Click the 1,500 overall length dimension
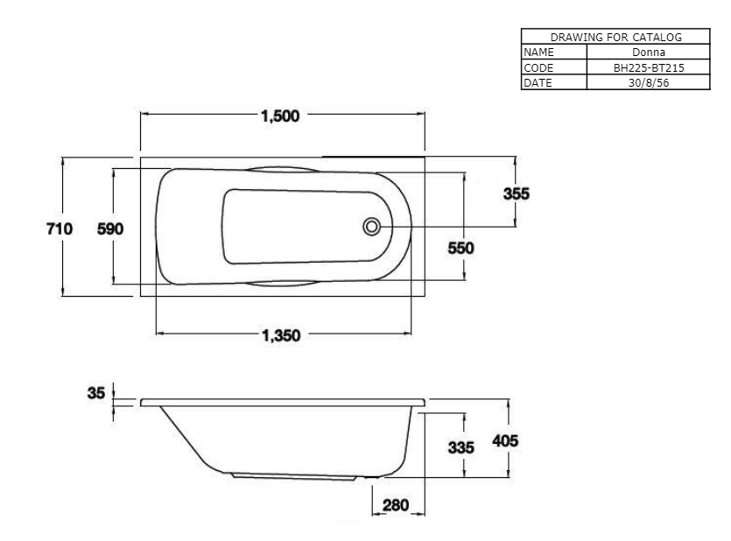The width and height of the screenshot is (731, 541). [x=280, y=116]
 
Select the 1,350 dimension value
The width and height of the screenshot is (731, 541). [x=281, y=335]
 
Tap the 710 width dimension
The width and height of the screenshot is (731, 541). [x=60, y=228]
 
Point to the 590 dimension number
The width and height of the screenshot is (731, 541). [x=110, y=228]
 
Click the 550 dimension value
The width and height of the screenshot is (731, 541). [x=460, y=248]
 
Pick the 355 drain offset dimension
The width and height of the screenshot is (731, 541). [x=517, y=193]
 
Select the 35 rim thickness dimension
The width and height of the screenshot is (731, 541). [x=96, y=393]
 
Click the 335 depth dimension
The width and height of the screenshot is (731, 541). [x=461, y=448]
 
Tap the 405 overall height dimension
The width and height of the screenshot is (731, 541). [x=505, y=441]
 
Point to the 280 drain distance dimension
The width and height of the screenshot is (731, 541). [x=396, y=505]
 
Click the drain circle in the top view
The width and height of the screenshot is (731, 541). [x=371, y=227]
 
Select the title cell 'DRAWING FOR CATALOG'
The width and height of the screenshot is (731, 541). [x=615, y=37]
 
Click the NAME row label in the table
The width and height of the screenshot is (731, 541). [x=539, y=53]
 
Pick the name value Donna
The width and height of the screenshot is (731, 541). [x=649, y=53]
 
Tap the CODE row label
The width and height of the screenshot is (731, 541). [x=538, y=67]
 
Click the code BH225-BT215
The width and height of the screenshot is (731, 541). [x=649, y=67]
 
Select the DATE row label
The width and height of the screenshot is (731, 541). [x=538, y=82]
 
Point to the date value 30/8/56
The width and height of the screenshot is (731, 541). [x=649, y=82]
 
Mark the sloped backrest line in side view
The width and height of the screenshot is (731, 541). [x=184, y=436]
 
